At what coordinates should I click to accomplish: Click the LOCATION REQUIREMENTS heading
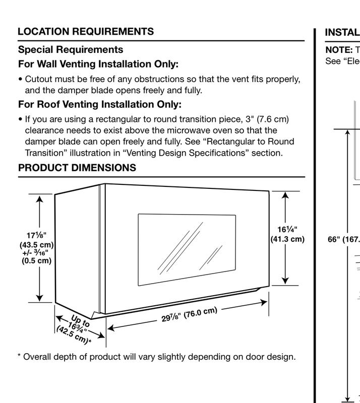(86, 31)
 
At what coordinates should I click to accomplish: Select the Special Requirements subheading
(71, 49)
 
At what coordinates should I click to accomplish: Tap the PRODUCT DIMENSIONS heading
(77, 168)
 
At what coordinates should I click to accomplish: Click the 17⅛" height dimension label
(36, 235)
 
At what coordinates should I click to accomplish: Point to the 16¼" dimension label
(287, 229)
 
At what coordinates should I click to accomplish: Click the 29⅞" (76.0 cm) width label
(190, 314)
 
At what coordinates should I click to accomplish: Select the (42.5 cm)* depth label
(74, 334)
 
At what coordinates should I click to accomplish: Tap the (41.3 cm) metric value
(287, 239)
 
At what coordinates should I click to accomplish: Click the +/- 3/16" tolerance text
(35, 253)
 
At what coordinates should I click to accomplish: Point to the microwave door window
(187, 249)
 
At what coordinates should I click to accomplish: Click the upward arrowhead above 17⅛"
(39, 199)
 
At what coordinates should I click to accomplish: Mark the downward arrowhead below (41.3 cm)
(285, 281)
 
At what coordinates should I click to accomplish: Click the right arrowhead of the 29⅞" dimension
(264, 302)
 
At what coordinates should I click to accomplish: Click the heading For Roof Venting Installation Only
(100, 104)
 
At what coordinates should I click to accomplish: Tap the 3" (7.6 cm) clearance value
(267, 119)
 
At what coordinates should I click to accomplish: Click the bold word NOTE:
(339, 50)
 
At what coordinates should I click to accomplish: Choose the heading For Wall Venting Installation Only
(98, 64)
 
